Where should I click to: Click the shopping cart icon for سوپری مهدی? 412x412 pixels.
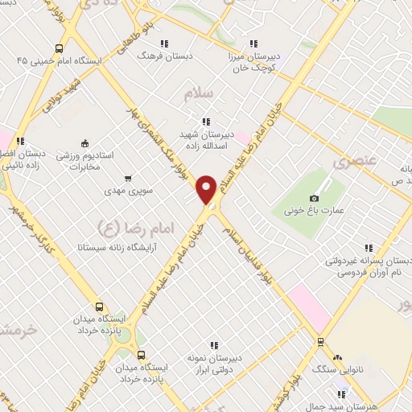pyautogui.click(x=129, y=179)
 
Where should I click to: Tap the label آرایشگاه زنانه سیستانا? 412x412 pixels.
pyautogui.click(x=121, y=249)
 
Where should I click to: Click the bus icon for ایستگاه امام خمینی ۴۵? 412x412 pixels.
pyautogui.click(x=58, y=48)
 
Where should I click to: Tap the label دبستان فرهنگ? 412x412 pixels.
pyautogui.click(x=155, y=56)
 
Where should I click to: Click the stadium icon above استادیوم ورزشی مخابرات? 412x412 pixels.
pyautogui.click(x=85, y=143)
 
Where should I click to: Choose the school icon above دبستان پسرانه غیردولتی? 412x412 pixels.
pyautogui.click(x=369, y=248)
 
